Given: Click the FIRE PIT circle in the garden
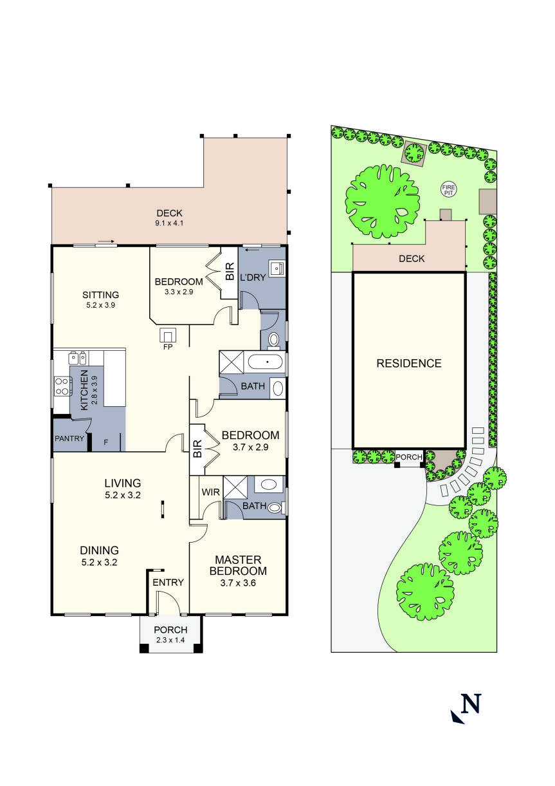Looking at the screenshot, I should [448, 189].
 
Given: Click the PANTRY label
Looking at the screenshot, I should [70, 439].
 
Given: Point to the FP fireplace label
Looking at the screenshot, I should [168, 346].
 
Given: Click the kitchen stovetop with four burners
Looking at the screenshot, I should [62, 386].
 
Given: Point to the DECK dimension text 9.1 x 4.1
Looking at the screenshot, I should [170, 223].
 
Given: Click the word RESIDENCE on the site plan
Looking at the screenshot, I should [409, 363].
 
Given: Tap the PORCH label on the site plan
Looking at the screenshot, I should [409, 457].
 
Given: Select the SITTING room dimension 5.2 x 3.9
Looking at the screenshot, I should [100, 305].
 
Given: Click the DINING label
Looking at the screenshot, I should [99, 550].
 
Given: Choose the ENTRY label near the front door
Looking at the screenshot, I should [168, 583].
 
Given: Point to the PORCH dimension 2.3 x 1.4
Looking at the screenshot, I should [171, 639].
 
